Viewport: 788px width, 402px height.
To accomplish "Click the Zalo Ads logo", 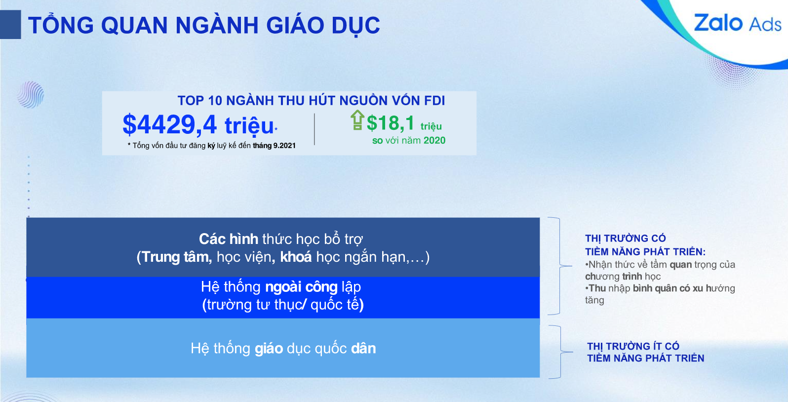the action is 737,23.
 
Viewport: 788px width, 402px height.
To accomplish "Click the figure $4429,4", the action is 169,124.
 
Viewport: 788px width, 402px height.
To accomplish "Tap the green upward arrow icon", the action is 357,120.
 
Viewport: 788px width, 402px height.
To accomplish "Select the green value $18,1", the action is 391,123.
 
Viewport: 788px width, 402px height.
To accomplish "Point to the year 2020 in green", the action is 434,140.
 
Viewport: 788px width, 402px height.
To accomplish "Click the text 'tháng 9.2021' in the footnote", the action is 275,145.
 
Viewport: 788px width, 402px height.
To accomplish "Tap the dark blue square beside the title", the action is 10,24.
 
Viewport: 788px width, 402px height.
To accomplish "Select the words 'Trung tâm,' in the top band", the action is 177,257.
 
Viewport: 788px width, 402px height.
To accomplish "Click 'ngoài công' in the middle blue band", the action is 302,287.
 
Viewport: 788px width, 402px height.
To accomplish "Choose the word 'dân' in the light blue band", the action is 363,349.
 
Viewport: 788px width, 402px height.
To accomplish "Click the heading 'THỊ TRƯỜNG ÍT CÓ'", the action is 633,346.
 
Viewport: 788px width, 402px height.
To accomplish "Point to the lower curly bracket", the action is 561,352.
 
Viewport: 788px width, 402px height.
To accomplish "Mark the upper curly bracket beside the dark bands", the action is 560,266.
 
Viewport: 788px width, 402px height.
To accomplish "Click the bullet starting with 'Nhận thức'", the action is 660,270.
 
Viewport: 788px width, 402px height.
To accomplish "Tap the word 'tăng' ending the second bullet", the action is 594,300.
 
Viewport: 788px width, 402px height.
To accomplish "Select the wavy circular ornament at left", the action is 31,94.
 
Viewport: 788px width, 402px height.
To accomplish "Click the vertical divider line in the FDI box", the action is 314,129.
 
